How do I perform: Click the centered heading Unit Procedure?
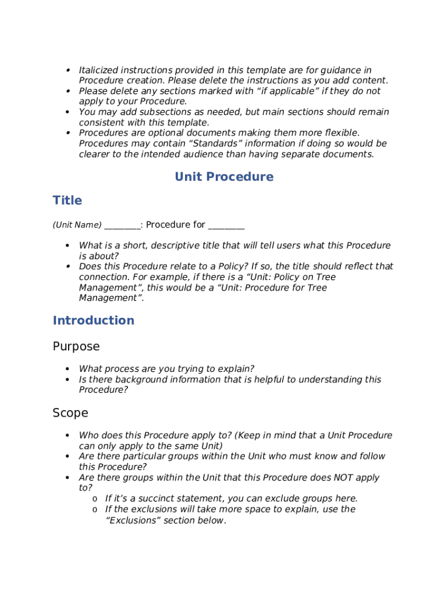[224, 177]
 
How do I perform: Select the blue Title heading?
[67, 200]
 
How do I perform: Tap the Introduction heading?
[94, 321]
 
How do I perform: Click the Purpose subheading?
[76, 347]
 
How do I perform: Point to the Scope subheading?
[70, 413]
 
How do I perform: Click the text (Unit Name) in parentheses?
[77, 225]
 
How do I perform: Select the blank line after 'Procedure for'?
[226, 225]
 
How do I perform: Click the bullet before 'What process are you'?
[68, 369]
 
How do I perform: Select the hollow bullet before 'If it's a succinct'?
[94, 499]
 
